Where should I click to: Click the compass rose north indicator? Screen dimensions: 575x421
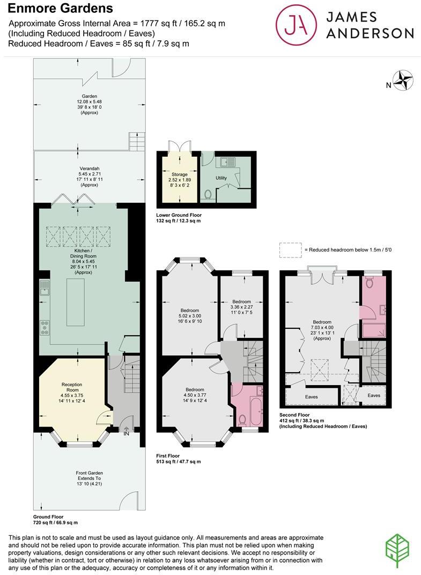pos(403,82)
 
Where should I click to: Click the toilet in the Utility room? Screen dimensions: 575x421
pos(208,195)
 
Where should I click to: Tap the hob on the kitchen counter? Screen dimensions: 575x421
pos(45,328)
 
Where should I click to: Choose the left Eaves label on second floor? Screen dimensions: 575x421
pos(311,397)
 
